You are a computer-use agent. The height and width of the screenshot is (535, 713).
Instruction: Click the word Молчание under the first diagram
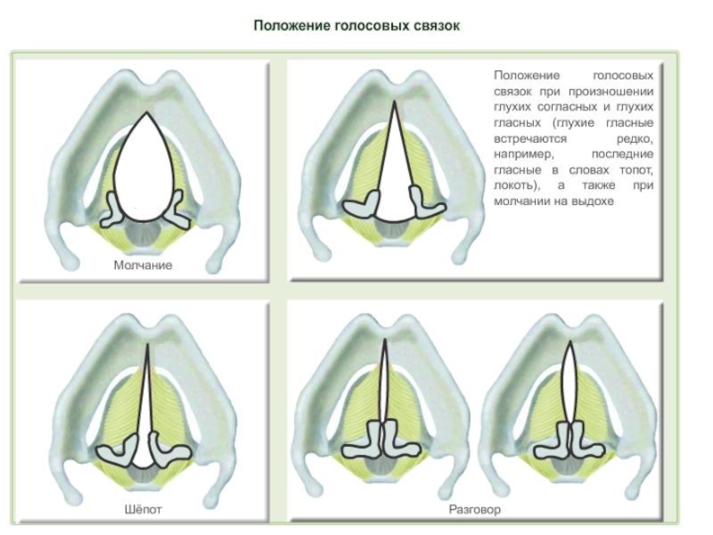tap(143, 265)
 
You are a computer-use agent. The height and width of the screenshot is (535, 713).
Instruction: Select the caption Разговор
tap(475, 510)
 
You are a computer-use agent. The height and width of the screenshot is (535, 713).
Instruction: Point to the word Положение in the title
tap(289, 26)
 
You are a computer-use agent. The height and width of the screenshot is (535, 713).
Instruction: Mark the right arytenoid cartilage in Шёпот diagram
tap(168, 451)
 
